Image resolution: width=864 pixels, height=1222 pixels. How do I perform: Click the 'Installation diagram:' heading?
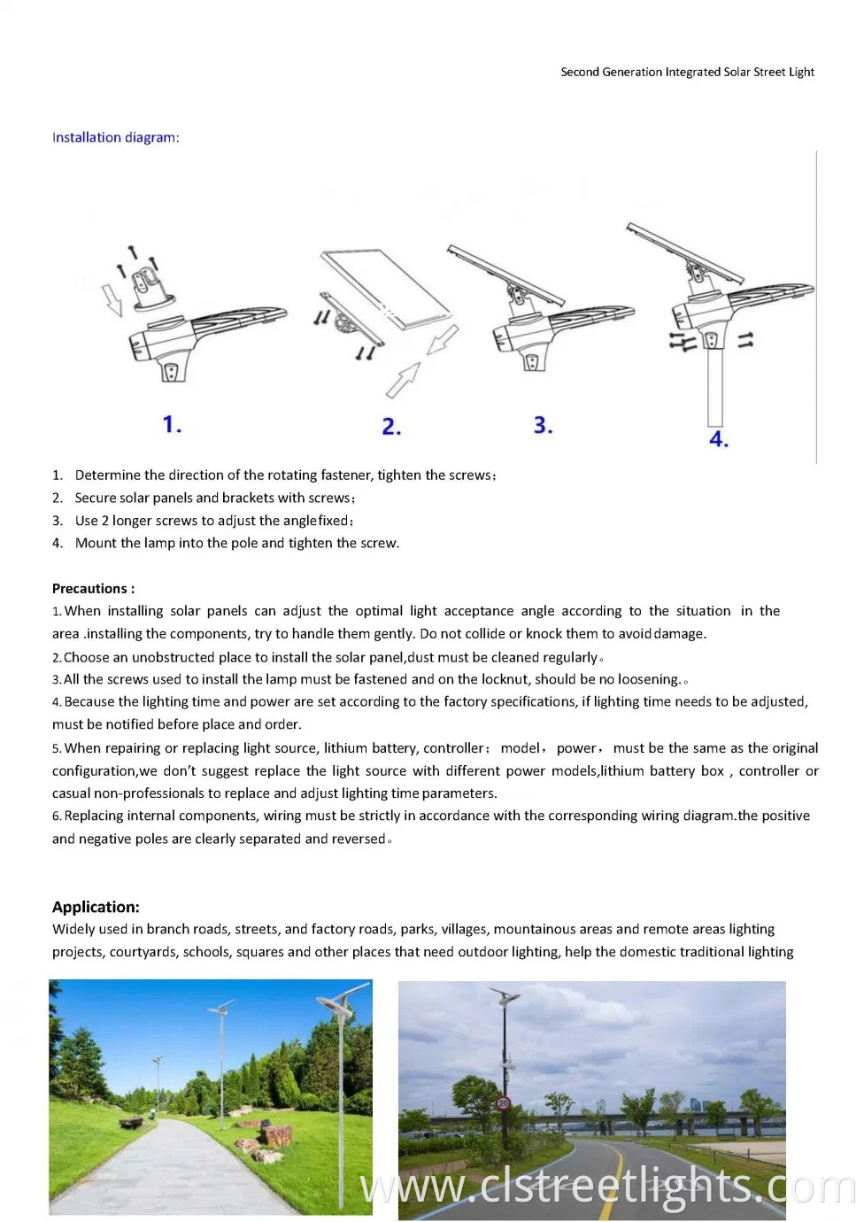coord(115,137)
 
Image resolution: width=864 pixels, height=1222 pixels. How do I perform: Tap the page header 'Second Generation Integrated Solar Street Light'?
coord(687,72)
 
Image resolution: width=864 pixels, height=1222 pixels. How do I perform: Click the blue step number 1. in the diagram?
coord(172,424)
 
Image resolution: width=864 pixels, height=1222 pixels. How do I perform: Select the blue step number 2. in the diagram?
coord(391,427)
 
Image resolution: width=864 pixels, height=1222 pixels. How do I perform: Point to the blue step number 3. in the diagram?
coord(543,425)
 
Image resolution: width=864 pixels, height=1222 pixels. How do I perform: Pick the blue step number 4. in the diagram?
coord(718,439)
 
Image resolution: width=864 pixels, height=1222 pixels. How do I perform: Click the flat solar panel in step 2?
coord(385,288)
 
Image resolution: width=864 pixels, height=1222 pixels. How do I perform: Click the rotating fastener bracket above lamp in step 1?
coord(145,286)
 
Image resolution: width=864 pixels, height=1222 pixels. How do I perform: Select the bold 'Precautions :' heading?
coord(93,588)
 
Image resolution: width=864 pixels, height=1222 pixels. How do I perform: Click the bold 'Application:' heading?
coord(96,907)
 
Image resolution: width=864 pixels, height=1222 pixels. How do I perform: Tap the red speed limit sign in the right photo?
coord(503,1103)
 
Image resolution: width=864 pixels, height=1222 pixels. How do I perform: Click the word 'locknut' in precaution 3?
coord(502,679)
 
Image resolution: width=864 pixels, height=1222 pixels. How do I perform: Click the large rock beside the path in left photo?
coord(276,1134)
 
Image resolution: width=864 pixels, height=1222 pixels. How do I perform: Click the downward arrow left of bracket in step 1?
coord(112,299)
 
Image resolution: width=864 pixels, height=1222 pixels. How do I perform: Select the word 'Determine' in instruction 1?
coord(107,475)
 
